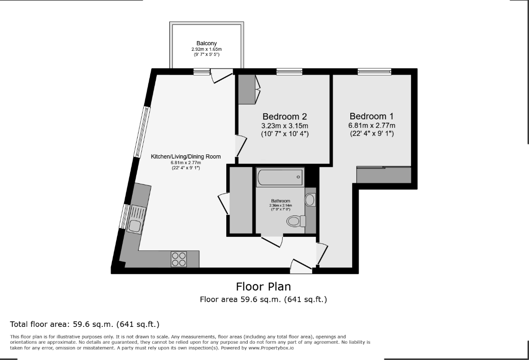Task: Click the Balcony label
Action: (207, 43)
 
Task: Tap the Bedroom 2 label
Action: (285, 117)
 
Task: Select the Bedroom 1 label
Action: (371, 116)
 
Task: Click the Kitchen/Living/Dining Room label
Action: (186, 157)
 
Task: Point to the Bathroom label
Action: (281, 201)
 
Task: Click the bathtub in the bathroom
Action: (280, 177)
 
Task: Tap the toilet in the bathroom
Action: (296, 222)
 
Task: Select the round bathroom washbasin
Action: (310, 200)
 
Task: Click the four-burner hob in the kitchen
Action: (179, 259)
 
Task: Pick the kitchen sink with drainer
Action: (136, 220)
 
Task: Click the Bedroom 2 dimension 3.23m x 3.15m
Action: (285, 126)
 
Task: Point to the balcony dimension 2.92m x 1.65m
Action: (207, 49)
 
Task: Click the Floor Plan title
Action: (263, 286)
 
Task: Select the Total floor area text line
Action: (85, 324)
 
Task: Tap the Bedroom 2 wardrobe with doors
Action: (247, 89)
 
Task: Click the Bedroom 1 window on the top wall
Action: (375, 71)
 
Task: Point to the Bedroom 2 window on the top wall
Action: (290, 71)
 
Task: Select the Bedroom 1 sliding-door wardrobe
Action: (384, 175)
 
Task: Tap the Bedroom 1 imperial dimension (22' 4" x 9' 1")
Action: (372, 134)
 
